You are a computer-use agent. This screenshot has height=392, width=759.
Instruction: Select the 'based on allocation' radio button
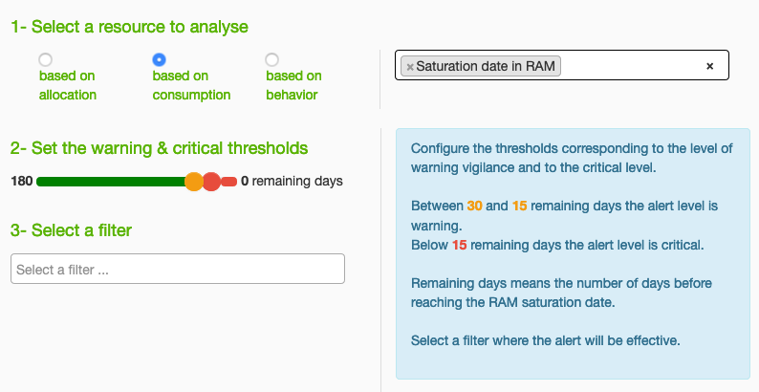click(x=46, y=59)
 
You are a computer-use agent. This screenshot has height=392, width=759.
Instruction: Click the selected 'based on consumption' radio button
click(x=159, y=59)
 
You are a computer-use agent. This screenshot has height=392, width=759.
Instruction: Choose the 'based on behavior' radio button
click(x=272, y=59)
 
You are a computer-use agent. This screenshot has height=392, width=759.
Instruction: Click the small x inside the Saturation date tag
click(x=410, y=67)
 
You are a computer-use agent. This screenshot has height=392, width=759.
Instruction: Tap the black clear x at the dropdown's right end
click(x=709, y=66)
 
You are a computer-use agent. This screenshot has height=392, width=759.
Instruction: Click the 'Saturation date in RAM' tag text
click(x=486, y=66)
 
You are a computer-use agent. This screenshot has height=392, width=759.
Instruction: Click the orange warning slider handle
click(x=194, y=182)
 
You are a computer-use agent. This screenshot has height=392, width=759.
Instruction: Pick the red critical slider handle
click(x=211, y=182)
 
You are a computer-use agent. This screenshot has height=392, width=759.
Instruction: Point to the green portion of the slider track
click(x=111, y=182)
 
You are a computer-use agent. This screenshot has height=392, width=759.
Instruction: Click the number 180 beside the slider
click(x=22, y=181)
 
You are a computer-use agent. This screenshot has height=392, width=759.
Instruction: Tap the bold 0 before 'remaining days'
click(x=245, y=181)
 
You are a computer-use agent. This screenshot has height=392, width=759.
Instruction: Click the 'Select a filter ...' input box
click(x=178, y=269)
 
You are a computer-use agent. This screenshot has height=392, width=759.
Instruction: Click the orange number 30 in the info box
click(x=474, y=206)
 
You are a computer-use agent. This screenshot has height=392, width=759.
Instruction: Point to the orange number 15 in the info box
click(x=519, y=206)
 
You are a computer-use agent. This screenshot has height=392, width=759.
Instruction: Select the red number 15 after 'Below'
click(x=460, y=245)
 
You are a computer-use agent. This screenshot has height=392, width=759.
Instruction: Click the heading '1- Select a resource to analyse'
click(x=129, y=27)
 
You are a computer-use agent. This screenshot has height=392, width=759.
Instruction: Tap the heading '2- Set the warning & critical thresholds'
click(x=160, y=148)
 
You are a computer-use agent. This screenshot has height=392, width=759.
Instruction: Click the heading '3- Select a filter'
click(x=71, y=230)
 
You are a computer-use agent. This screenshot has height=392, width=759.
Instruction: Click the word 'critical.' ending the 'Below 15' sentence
click(x=683, y=245)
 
